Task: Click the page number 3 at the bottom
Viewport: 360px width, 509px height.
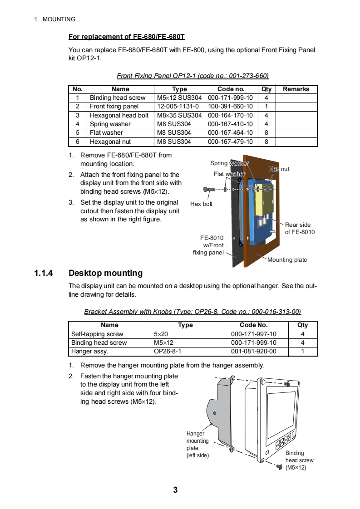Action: [175, 490]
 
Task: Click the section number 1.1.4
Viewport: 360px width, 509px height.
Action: [44, 273]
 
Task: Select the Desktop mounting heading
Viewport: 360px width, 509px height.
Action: [105, 273]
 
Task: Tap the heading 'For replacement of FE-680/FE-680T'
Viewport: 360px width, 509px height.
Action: [127, 37]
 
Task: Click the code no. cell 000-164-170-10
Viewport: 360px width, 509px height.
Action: [231, 115]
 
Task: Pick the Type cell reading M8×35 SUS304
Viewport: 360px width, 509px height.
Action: [179, 115]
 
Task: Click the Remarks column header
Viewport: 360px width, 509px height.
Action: [296, 89]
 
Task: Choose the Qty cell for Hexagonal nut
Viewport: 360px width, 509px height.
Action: [266, 142]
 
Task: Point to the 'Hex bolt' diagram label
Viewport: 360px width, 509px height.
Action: [201, 204]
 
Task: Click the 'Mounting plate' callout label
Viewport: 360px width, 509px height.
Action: [287, 260]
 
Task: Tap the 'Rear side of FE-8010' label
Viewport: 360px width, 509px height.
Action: [300, 228]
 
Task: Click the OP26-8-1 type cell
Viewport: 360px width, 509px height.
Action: [168, 352]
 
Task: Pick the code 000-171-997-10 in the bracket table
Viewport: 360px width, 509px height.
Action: [253, 334]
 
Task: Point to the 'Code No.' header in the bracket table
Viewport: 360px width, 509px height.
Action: [253, 325]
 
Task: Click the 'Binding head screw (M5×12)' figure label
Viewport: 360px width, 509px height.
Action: [299, 460]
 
